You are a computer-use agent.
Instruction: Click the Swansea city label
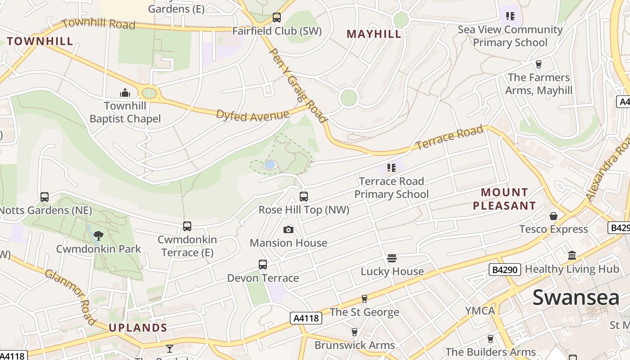pyautogui.click(x=576, y=298)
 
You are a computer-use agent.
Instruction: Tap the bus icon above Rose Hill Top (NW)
pyautogui.click(x=304, y=197)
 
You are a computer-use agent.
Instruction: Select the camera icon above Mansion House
pyautogui.click(x=288, y=230)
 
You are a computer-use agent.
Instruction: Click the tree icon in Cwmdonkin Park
pyautogui.click(x=99, y=235)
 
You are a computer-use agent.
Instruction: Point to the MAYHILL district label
pyautogui.click(x=374, y=34)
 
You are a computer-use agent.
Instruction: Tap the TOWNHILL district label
pyautogui.click(x=40, y=41)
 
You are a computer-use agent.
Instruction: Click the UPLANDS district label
pyautogui.click(x=138, y=328)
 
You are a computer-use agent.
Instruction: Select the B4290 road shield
pyautogui.click(x=505, y=270)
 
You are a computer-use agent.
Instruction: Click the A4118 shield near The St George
pyautogui.click(x=306, y=318)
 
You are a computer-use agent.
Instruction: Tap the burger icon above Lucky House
pyautogui.click(x=392, y=258)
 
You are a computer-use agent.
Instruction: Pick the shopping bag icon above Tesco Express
pyautogui.click(x=553, y=216)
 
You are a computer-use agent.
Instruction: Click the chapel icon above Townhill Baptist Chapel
pyautogui.click(x=125, y=93)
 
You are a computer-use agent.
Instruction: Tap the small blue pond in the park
pyautogui.click(x=270, y=165)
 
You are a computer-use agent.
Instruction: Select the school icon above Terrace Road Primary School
pyautogui.click(x=391, y=168)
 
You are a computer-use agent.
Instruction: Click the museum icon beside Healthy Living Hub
pyautogui.click(x=572, y=256)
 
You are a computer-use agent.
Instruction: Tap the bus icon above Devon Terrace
pyautogui.click(x=263, y=265)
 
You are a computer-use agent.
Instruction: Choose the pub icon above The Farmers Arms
pyautogui.click(x=538, y=64)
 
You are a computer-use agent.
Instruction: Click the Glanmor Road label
pyautogui.click(x=71, y=297)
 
